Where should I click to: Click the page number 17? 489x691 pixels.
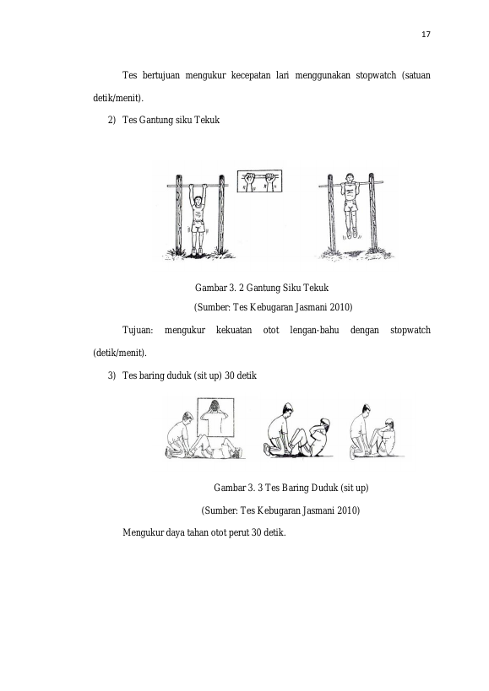(x=426, y=35)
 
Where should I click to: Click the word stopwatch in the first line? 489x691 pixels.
(x=376, y=75)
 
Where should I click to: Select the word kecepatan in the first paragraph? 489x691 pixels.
(x=251, y=75)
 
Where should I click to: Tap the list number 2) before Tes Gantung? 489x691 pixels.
(x=111, y=120)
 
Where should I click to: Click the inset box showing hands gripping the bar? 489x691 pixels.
(x=260, y=181)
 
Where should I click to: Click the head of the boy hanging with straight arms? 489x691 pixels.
(x=198, y=202)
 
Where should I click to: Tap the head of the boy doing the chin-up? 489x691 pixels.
(x=350, y=178)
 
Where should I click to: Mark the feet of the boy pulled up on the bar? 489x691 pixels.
(x=351, y=233)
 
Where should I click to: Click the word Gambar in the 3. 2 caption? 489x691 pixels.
(x=210, y=288)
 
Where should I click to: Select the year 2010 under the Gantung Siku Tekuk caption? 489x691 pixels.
(x=341, y=307)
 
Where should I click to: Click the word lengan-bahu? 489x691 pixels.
(x=314, y=330)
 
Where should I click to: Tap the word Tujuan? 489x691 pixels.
(x=138, y=330)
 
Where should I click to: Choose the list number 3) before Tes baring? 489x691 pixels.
(x=111, y=375)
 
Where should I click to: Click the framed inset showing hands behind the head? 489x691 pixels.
(x=215, y=417)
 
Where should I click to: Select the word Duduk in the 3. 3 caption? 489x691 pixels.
(x=324, y=488)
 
